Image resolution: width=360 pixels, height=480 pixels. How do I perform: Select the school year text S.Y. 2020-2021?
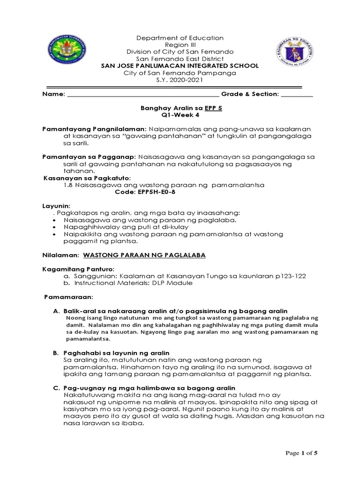pyautogui.click(x=180, y=80)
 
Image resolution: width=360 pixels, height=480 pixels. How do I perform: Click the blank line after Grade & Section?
pyautogui.click(x=297, y=94)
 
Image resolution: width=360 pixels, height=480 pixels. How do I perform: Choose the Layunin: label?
pyautogui.click(x=57, y=206)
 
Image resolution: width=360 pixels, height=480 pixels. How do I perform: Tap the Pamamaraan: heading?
pyautogui.click(x=68, y=297)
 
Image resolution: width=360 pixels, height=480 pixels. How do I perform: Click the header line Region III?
pyautogui.click(x=180, y=45)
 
